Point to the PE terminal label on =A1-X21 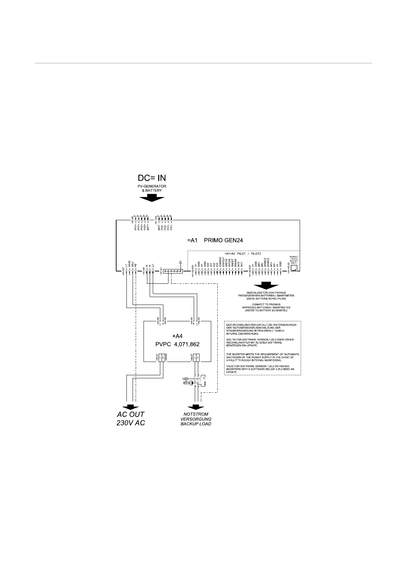tap(136, 265)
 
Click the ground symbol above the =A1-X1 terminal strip tap(180, 262)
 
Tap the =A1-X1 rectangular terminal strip tap(173, 271)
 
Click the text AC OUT tap(131, 415)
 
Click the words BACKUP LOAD tap(196, 424)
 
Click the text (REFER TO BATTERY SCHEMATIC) tap(266, 311)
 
